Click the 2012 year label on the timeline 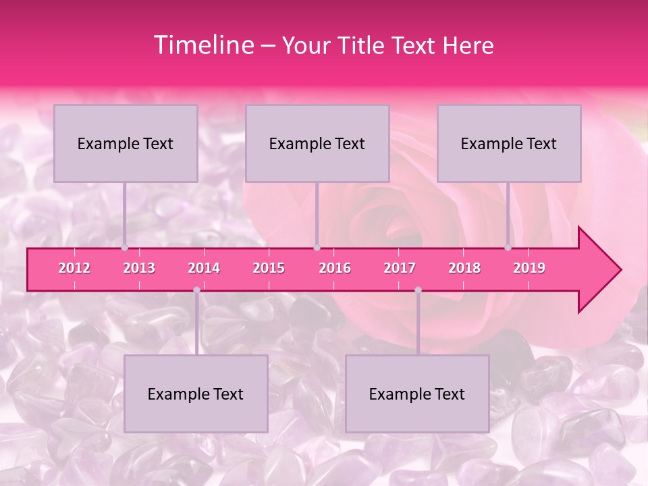pos(74,268)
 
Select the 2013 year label pos(139,268)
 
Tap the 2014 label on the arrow pos(204,268)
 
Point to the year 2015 pos(269,268)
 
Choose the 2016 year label pos(335,268)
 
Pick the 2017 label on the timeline pos(400,268)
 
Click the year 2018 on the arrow pos(464,268)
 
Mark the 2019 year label pos(529,268)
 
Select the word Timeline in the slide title pos(203,45)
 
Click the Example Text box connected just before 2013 pos(126,143)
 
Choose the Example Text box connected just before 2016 pos(317,143)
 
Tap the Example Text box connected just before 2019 pos(509,143)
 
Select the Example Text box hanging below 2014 pos(196,394)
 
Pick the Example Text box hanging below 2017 pos(417,394)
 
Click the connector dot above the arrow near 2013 pos(125,248)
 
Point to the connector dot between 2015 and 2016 pos(317,248)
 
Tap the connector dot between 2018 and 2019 pos(508,248)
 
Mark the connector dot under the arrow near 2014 pos(196,290)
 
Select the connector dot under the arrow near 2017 pos(418,290)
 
